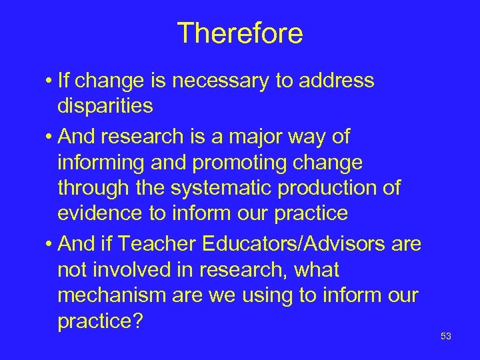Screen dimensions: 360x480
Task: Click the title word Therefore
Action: coord(240,33)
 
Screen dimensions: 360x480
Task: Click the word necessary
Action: coord(217,81)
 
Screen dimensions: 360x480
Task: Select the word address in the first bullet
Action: coord(337,81)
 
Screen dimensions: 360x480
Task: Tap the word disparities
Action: coord(105,106)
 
